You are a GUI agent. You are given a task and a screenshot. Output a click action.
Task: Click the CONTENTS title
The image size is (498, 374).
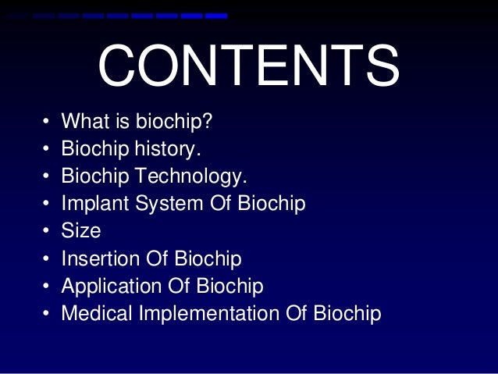(x=248, y=67)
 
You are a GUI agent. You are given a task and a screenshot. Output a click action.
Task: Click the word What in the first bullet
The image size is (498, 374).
(x=83, y=121)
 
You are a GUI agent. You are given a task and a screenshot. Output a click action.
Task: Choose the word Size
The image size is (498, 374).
(x=80, y=231)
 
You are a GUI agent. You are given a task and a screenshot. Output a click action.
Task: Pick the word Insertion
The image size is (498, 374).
(x=102, y=258)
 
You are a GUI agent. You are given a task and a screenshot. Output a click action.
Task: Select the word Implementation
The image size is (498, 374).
(x=206, y=314)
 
